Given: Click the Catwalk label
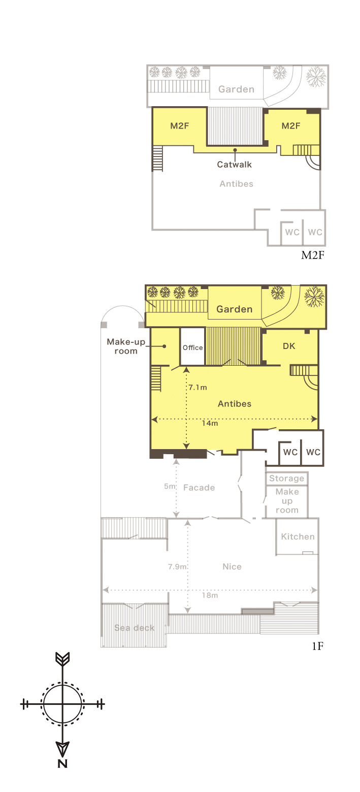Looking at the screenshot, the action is (x=234, y=165).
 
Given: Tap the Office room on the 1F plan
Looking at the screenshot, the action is (x=192, y=347).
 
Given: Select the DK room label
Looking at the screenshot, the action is (x=289, y=346).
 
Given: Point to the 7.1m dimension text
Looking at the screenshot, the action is (x=198, y=388).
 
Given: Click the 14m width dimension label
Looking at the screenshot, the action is (x=210, y=423).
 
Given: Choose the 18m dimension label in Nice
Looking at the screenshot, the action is (x=210, y=595).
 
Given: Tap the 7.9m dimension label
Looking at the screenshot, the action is (x=177, y=567).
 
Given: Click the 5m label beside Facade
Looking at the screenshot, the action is (x=169, y=486).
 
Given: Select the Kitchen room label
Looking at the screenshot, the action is (x=298, y=537).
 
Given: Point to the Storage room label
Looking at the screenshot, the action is (x=286, y=479).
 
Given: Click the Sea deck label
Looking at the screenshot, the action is (x=134, y=628).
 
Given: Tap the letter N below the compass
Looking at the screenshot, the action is (x=62, y=764).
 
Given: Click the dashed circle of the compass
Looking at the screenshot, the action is (x=62, y=683).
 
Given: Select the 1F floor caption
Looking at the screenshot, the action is (x=318, y=646).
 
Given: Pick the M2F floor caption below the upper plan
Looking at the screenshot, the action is (x=312, y=255).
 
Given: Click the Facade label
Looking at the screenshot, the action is (x=199, y=488).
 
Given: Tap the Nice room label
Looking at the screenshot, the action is (x=232, y=567).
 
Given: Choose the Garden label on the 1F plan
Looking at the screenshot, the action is (x=234, y=309).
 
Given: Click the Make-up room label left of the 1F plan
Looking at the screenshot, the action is (x=126, y=346).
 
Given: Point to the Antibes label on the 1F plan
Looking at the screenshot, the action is (x=235, y=404).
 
